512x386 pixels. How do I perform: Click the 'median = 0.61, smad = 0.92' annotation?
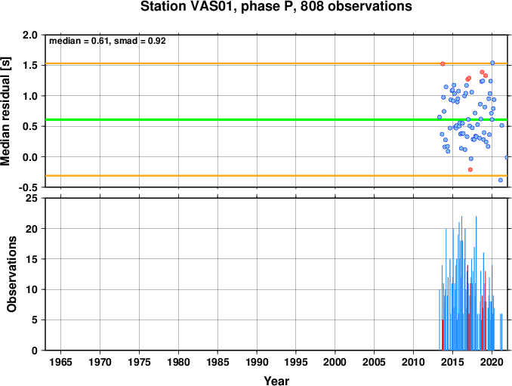pos(107,41)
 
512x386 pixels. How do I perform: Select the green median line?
pos(277,119)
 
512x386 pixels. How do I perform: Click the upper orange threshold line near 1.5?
pos(277,63)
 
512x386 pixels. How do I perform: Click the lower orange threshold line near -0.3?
pos(277,176)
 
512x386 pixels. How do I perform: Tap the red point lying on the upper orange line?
pos(443,63)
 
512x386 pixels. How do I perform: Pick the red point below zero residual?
pos(470,169)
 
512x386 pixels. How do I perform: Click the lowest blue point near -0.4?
pos(500,180)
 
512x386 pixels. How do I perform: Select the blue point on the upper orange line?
pos(492,63)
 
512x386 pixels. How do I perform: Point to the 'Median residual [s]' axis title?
pos(5,111)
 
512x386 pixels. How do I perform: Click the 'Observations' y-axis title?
pos(11,274)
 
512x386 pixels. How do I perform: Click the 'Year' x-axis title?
pos(276,381)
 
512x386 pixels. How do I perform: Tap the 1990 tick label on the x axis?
pos(257,362)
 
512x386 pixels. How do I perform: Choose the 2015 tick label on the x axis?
pos(452,362)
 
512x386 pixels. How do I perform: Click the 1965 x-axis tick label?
pos(61,362)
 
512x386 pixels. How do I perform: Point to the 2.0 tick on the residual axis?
pos(29,35)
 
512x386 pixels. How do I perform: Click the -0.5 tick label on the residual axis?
pos(28,188)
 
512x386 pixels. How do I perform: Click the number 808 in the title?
pos(312,7)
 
